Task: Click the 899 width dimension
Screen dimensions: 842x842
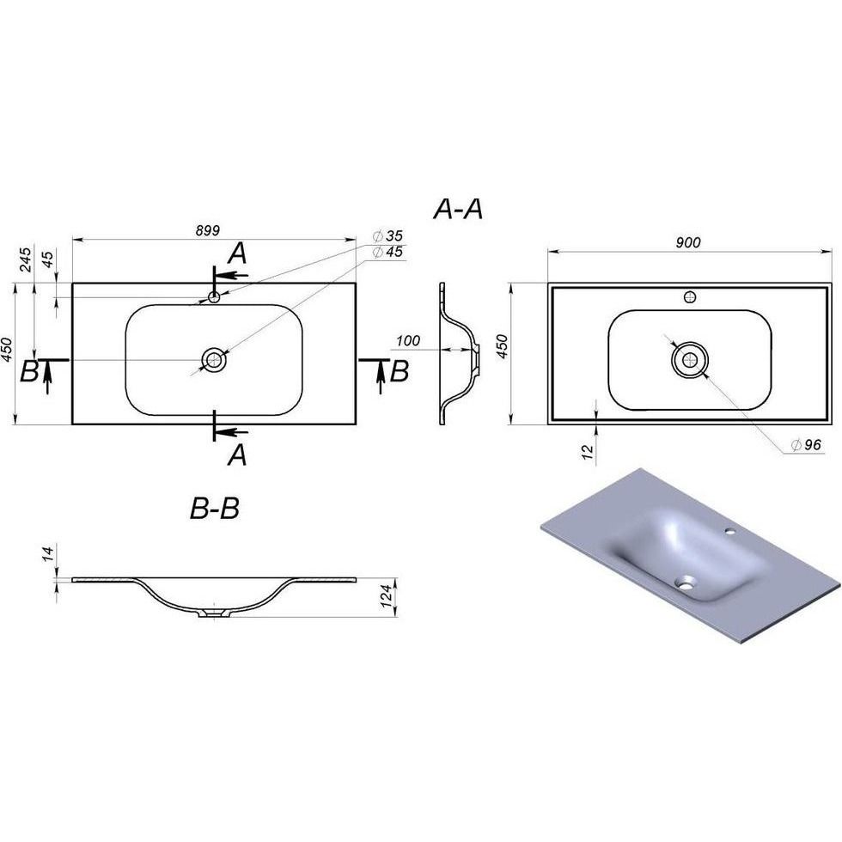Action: pyautogui.click(x=207, y=231)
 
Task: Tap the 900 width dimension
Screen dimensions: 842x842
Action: pyautogui.click(x=688, y=242)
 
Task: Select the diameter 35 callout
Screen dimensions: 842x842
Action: pyautogui.click(x=387, y=235)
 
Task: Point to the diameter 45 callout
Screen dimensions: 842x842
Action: pyautogui.click(x=387, y=252)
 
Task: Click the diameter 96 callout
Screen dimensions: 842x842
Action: pyautogui.click(x=806, y=445)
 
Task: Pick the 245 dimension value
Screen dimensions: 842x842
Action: pyautogui.click(x=26, y=259)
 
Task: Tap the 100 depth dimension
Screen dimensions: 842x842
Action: pyautogui.click(x=408, y=340)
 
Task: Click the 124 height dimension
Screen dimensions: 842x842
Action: pyautogui.click(x=386, y=596)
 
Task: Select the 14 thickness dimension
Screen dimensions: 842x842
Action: pyautogui.click(x=48, y=553)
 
